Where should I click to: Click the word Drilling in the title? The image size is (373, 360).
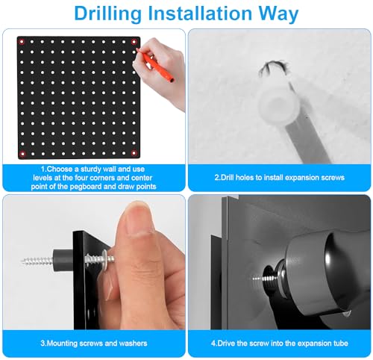(x=108, y=13)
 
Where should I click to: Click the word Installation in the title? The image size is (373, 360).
(x=200, y=13)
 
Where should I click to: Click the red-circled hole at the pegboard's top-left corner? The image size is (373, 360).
(x=22, y=42)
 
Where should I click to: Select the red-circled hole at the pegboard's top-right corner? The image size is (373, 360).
(x=134, y=42)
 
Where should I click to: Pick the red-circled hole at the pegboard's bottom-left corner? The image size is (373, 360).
(x=22, y=154)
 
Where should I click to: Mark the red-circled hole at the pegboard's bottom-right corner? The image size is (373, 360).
(x=134, y=153)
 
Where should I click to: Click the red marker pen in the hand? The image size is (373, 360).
(x=156, y=66)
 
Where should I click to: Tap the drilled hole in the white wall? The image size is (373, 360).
(x=273, y=69)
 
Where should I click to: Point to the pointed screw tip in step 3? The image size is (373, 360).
(x=23, y=261)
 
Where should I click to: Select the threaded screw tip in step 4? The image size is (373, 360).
(x=260, y=278)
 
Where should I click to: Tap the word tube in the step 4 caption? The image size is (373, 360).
(x=341, y=344)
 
